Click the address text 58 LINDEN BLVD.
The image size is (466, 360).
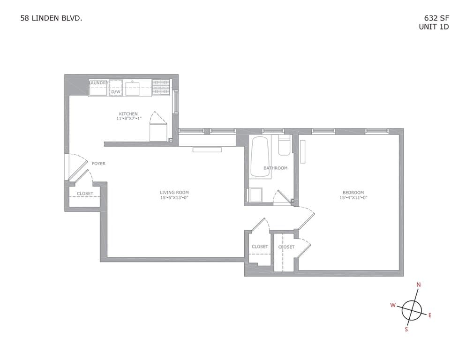[x=52, y=18]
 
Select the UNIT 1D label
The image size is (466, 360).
[x=434, y=27]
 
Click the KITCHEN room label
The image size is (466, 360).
[x=128, y=114]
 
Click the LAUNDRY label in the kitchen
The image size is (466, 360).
[x=98, y=83]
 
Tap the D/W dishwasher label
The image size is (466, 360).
[x=115, y=92]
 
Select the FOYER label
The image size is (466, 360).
[x=98, y=164]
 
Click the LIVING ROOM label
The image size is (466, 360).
[x=174, y=192]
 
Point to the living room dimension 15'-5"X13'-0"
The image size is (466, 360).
[x=174, y=197]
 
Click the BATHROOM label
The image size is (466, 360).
[x=275, y=168]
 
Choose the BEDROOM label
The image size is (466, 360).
[x=353, y=192]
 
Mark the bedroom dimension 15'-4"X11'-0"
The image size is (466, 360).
[x=353, y=197]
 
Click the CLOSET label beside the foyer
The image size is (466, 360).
[x=85, y=194]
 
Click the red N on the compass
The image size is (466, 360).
[x=419, y=285]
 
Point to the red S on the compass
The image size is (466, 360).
[x=406, y=329]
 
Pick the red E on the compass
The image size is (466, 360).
[x=430, y=315]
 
